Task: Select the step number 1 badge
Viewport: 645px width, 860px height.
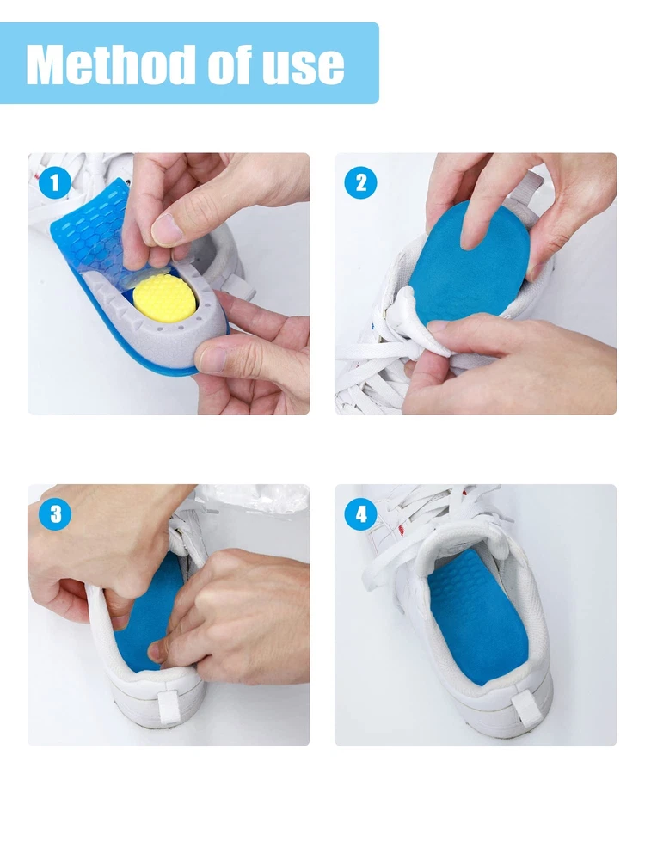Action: coord(55,182)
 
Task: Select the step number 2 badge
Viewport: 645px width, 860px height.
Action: coord(360,182)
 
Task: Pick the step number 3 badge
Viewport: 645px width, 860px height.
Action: coord(55,514)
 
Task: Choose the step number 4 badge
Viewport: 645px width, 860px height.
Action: coord(360,514)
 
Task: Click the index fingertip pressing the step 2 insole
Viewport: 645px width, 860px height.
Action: coord(470,235)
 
